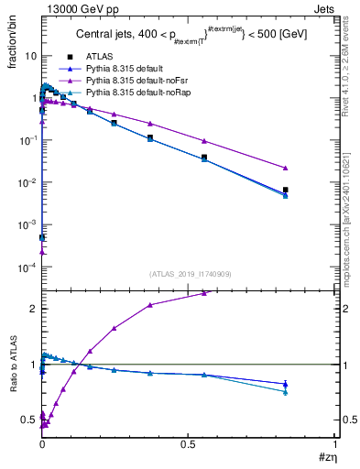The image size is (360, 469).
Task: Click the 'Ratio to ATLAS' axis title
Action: [x=12, y=380]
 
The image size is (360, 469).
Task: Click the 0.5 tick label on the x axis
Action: [x=188, y=443]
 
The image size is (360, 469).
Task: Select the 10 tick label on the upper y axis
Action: [x=30, y=56]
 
